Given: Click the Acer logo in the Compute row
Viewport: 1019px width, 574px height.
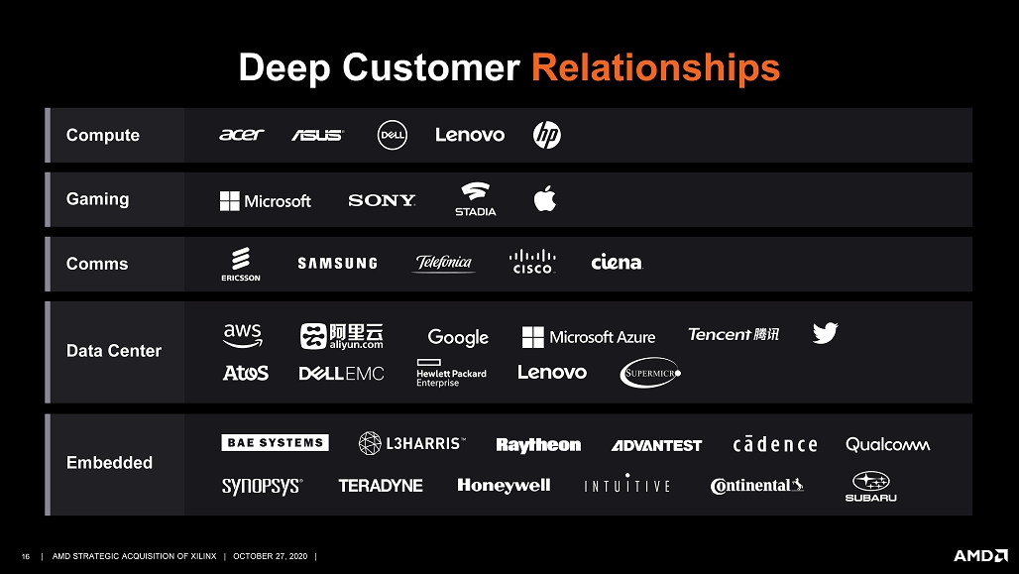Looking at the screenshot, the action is pos(241,135).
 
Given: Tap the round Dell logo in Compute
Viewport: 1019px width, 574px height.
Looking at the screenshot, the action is pos(393,135).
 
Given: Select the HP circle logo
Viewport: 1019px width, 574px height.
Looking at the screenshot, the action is pos(547,135).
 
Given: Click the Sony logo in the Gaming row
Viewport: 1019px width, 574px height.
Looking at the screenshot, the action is pos(382,200).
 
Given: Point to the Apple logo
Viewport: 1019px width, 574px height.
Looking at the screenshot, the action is pos(545,198).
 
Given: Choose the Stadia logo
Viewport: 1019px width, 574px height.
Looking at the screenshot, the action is pos(475,199).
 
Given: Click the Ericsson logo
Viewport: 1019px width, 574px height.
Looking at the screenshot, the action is pos(241,264).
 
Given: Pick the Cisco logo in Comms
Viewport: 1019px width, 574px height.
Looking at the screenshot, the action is pos(532,262).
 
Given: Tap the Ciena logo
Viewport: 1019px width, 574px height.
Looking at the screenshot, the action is pos(617,262).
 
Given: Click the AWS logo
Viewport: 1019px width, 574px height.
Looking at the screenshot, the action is pos(243,335).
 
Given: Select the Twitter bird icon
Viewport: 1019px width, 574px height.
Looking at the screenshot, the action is pos(826,333).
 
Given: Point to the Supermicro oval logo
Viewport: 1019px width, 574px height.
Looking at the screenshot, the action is pos(650,373).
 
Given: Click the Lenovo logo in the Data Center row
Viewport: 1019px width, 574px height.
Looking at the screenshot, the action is pos(552,372).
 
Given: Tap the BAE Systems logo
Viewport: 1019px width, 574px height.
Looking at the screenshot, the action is pos(275,443).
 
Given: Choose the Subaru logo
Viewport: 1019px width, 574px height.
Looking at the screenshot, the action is pos(871,486).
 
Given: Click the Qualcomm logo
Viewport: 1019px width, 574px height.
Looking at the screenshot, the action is pos(888,445).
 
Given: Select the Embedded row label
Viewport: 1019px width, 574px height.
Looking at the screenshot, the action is pos(109,463).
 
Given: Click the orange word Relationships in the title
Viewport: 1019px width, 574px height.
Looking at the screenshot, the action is pos(656,67).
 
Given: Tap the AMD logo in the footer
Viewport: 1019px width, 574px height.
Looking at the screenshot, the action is pos(980,556).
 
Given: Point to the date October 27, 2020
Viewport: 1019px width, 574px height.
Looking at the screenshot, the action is pos(271,556).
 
